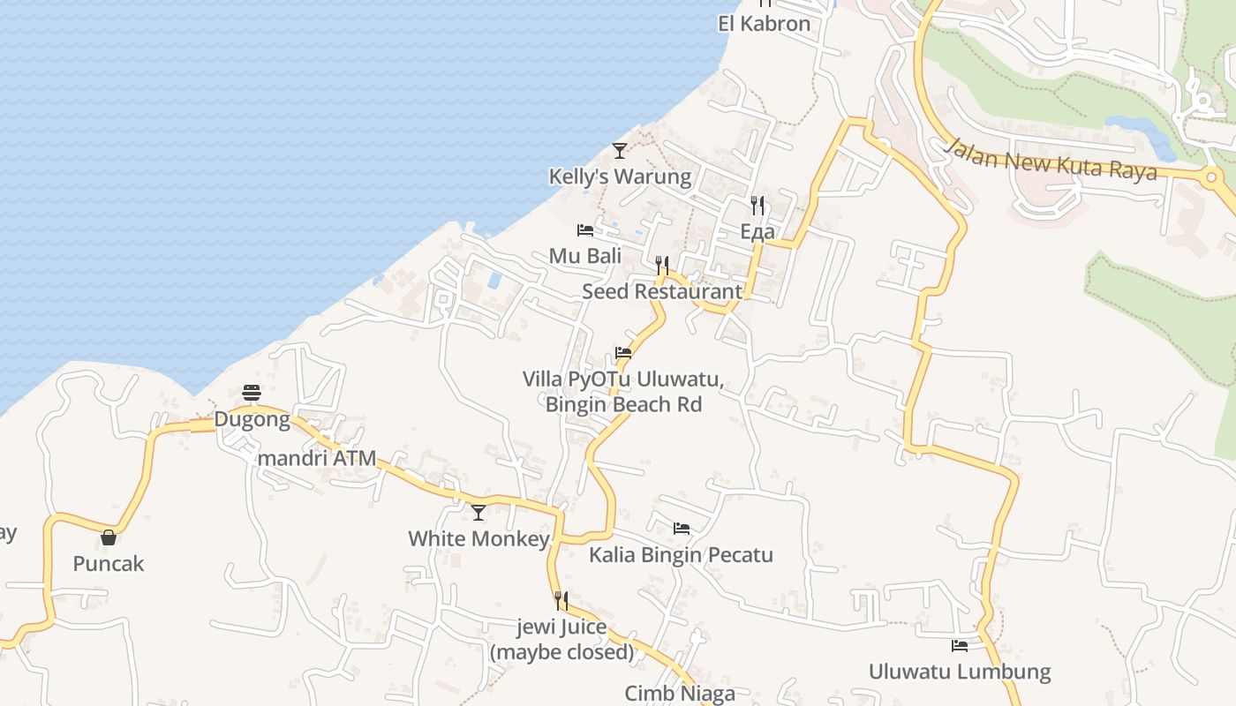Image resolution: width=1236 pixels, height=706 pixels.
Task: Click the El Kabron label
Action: tap(764, 24)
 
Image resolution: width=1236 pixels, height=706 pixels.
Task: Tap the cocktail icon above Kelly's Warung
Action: tap(620, 151)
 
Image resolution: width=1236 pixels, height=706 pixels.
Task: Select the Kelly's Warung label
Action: tap(620, 176)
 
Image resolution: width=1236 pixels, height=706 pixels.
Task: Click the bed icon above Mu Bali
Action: tap(585, 230)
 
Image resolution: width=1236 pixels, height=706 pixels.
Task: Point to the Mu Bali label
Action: tap(585, 256)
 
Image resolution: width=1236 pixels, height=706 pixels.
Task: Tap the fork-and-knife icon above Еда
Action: tap(757, 206)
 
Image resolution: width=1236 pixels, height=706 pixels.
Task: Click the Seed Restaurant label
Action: tap(662, 291)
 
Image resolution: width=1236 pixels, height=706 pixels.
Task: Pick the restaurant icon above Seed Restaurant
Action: tap(662, 265)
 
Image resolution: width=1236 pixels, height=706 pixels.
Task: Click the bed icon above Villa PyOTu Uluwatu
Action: tap(623, 353)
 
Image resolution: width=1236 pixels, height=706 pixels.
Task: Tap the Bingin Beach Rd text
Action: tap(623, 405)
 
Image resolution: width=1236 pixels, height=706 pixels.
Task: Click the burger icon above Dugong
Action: tap(252, 393)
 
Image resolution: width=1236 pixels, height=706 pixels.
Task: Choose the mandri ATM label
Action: tap(316, 459)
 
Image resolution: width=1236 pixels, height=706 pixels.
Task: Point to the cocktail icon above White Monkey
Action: tap(479, 512)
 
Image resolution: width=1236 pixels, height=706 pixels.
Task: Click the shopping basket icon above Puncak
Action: tap(109, 537)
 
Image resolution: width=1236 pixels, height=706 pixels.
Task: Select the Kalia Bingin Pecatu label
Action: tap(681, 555)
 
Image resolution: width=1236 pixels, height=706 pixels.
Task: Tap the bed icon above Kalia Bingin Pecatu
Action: tap(682, 529)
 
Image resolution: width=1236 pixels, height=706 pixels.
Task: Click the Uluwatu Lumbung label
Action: tap(960, 672)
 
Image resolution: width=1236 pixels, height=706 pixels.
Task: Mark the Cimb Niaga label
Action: tap(680, 694)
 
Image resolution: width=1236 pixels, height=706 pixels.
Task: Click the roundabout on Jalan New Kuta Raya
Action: tap(1211, 177)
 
